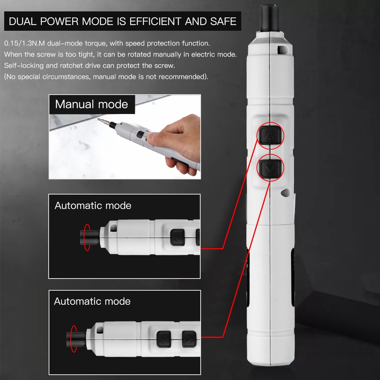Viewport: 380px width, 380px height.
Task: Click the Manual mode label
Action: coord(92,104)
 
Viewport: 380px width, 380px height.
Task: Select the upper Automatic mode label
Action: coord(93,206)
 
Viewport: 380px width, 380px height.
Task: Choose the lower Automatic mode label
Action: coord(92,301)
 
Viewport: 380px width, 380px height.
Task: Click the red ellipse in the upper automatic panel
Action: coord(87,237)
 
